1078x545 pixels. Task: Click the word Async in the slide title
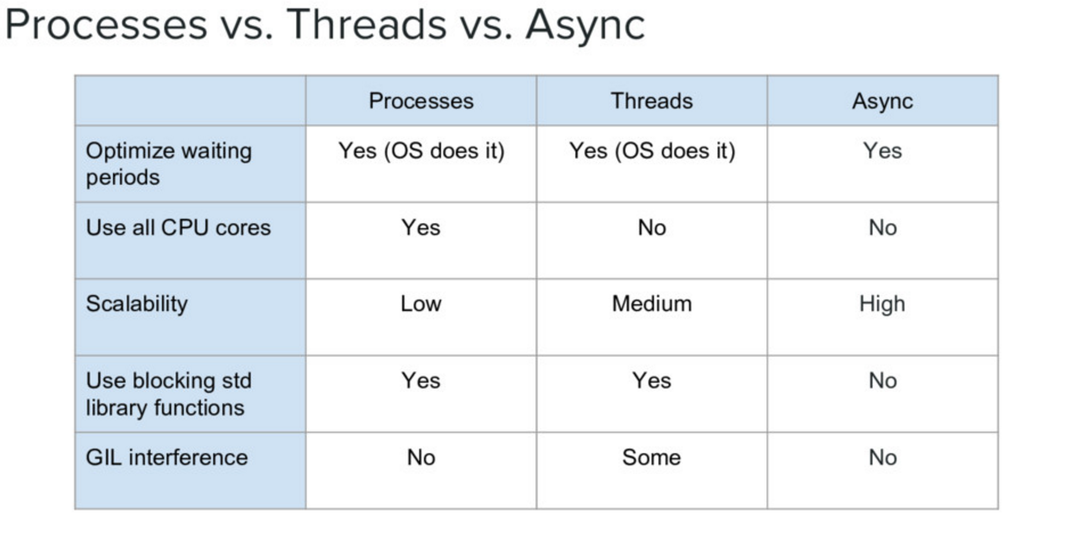(585, 25)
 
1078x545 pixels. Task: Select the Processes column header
(421, 101)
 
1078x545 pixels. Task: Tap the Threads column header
(651, 101)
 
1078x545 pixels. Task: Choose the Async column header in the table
(882, 101)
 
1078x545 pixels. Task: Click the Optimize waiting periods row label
(169, 164)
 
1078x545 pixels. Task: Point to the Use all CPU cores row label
(178, 228)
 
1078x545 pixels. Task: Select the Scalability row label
(137, 304)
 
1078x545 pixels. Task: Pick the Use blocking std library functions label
(169, 394)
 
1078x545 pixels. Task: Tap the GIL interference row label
(166, 458)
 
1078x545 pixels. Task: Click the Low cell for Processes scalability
(421, 304)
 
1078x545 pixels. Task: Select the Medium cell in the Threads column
(651, 304)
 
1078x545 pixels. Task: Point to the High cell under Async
(882, 304)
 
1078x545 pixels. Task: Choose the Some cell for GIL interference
(651, 458)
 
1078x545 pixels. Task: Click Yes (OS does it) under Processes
(421, 151)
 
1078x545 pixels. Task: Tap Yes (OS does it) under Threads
(652, 151)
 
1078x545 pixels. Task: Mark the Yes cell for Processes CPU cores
(421, 228)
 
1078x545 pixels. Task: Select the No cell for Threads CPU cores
(651, 228)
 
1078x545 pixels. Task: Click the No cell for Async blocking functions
(882, 381)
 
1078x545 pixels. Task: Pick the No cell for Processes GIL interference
(421, 458)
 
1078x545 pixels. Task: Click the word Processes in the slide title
(106, 25)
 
